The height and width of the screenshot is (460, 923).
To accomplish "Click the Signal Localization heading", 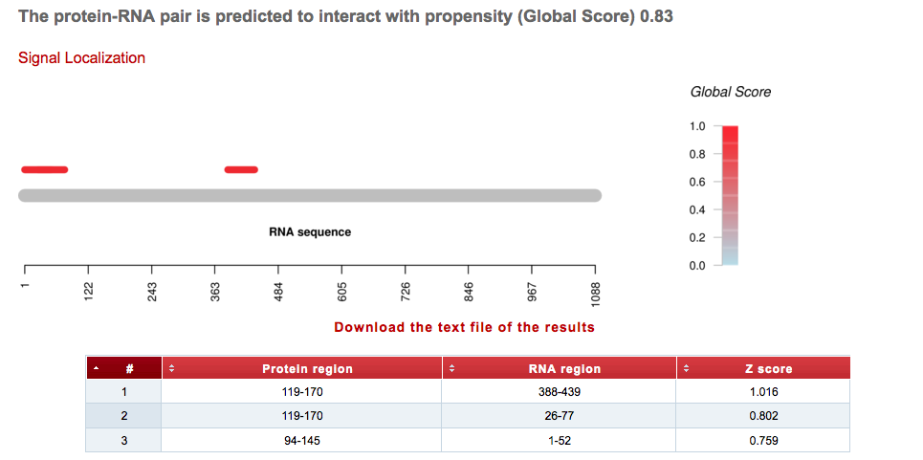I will pos(81,58).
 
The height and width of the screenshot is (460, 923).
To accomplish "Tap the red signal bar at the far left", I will pos(44,169).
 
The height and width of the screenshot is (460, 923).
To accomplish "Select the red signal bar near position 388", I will pos(241,169).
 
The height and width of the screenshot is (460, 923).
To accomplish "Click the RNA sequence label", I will pos(310,232).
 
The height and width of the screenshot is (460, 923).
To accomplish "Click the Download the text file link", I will pos(464,327).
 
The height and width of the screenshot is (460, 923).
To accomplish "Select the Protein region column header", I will pos(307,369).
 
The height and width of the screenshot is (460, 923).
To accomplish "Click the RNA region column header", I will pos(564,369).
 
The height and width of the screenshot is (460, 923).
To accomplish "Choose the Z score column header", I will pos(768,369).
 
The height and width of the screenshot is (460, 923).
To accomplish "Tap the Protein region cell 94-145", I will pos(301,440).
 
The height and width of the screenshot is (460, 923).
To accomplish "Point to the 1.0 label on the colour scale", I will pos(697,127).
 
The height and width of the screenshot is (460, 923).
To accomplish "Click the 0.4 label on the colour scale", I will pos(697,210).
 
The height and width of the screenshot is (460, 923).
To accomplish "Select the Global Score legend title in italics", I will pos(731,92).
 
